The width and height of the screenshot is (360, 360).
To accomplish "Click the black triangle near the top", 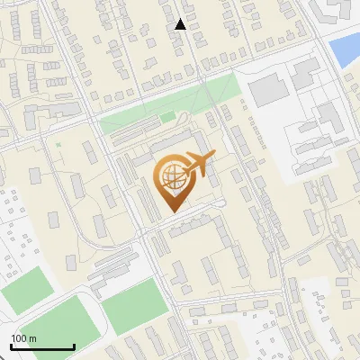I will [181, 24].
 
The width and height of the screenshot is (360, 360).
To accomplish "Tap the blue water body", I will [346, 50].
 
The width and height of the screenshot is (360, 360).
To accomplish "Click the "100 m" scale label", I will [23, 338].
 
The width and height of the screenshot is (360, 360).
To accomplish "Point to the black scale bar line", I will [42, 347].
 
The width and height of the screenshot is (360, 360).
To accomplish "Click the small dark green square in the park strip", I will [168, 117].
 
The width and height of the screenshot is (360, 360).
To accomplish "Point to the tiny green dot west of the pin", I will [58, 145].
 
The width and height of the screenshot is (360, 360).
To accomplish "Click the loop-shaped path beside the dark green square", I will [183, 118].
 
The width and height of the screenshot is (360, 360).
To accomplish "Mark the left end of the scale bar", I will [11, 347].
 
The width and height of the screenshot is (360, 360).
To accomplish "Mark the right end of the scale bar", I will [74, 347].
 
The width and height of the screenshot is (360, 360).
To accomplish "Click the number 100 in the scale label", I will [19, 338].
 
